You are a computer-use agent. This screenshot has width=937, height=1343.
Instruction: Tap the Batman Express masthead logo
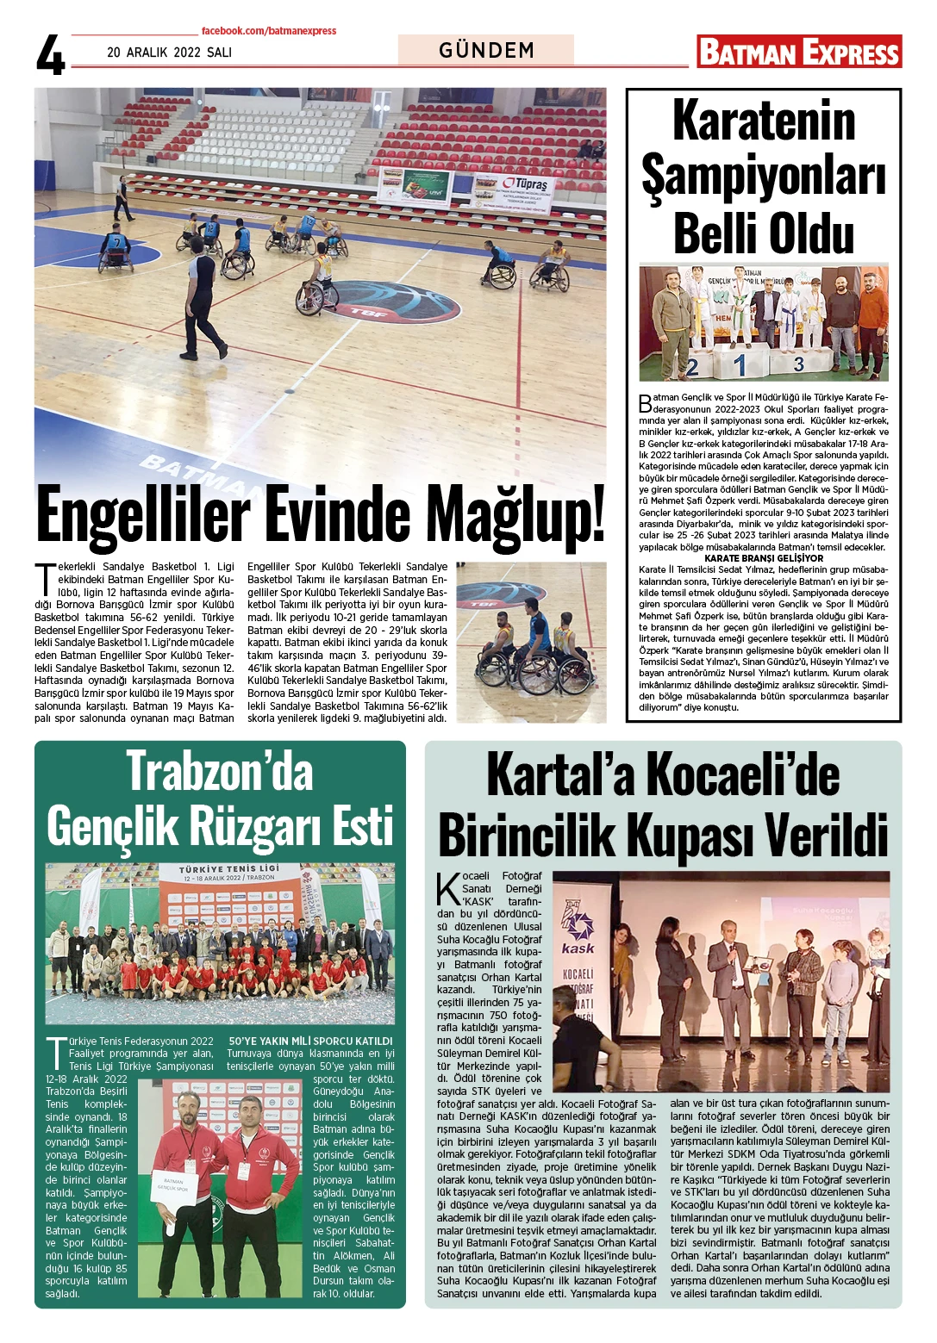pos(799,52)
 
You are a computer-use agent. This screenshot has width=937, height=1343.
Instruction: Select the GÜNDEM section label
pos(486,50)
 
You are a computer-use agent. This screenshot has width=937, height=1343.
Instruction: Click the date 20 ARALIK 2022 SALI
pos(169,53)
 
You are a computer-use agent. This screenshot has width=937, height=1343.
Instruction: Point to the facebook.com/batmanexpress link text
pos(269,31)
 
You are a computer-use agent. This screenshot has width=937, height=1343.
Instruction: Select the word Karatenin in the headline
pos(764,121)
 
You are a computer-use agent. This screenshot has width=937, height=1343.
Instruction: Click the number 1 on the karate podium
pos(740,365)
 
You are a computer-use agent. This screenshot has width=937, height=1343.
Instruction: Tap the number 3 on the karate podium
pos(799,364)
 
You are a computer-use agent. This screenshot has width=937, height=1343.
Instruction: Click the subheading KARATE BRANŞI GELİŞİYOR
pos(764,558)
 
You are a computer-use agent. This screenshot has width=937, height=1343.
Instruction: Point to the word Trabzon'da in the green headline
pos(220,771)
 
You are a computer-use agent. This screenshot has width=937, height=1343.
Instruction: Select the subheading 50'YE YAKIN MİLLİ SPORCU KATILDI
pos(310,1041)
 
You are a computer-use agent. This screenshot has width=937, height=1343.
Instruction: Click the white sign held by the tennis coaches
pos(174,1185)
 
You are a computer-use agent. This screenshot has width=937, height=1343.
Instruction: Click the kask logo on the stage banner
pos(578,935)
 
